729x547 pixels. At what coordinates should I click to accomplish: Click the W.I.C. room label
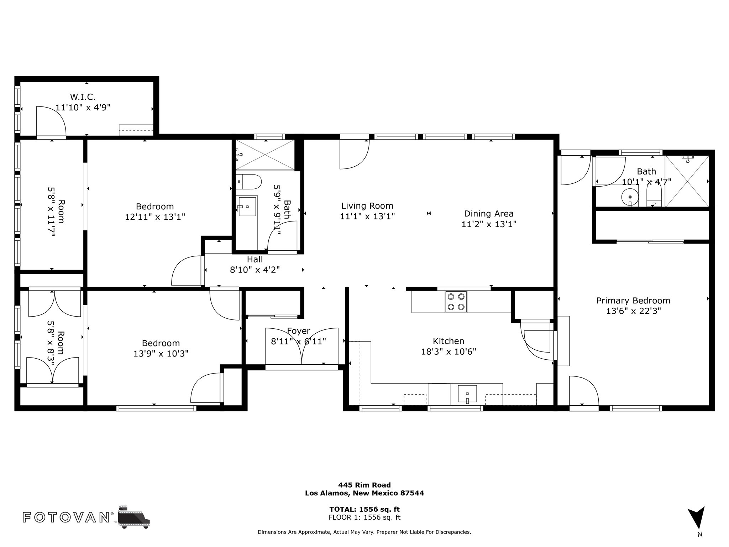click(83, 97)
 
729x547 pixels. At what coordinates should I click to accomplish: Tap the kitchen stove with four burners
click(456, 302)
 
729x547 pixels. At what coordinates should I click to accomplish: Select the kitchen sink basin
click(467, 394)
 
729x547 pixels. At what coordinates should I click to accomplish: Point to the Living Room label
click(367, 205)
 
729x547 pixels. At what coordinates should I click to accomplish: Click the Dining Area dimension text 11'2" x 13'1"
click(489, 224)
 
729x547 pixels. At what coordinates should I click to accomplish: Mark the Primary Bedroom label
click(633, 301)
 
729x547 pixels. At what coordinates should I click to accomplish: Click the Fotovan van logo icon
click(134, 517)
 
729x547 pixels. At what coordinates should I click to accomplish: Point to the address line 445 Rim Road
click(364, 485)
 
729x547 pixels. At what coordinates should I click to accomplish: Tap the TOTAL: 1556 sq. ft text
click(364, 509)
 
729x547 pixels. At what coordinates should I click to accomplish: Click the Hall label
click(255, 259)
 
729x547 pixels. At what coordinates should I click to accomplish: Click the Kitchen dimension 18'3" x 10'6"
click(449, 351)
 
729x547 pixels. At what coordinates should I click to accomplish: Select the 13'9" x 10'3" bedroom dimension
click(161, 354)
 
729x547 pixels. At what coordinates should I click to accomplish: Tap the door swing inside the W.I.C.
click(51, 121)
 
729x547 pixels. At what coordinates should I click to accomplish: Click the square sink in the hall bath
click(247, 207)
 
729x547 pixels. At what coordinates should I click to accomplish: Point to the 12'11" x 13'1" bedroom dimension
click(155, 217)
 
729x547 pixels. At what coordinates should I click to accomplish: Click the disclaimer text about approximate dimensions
click(364, 532)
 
